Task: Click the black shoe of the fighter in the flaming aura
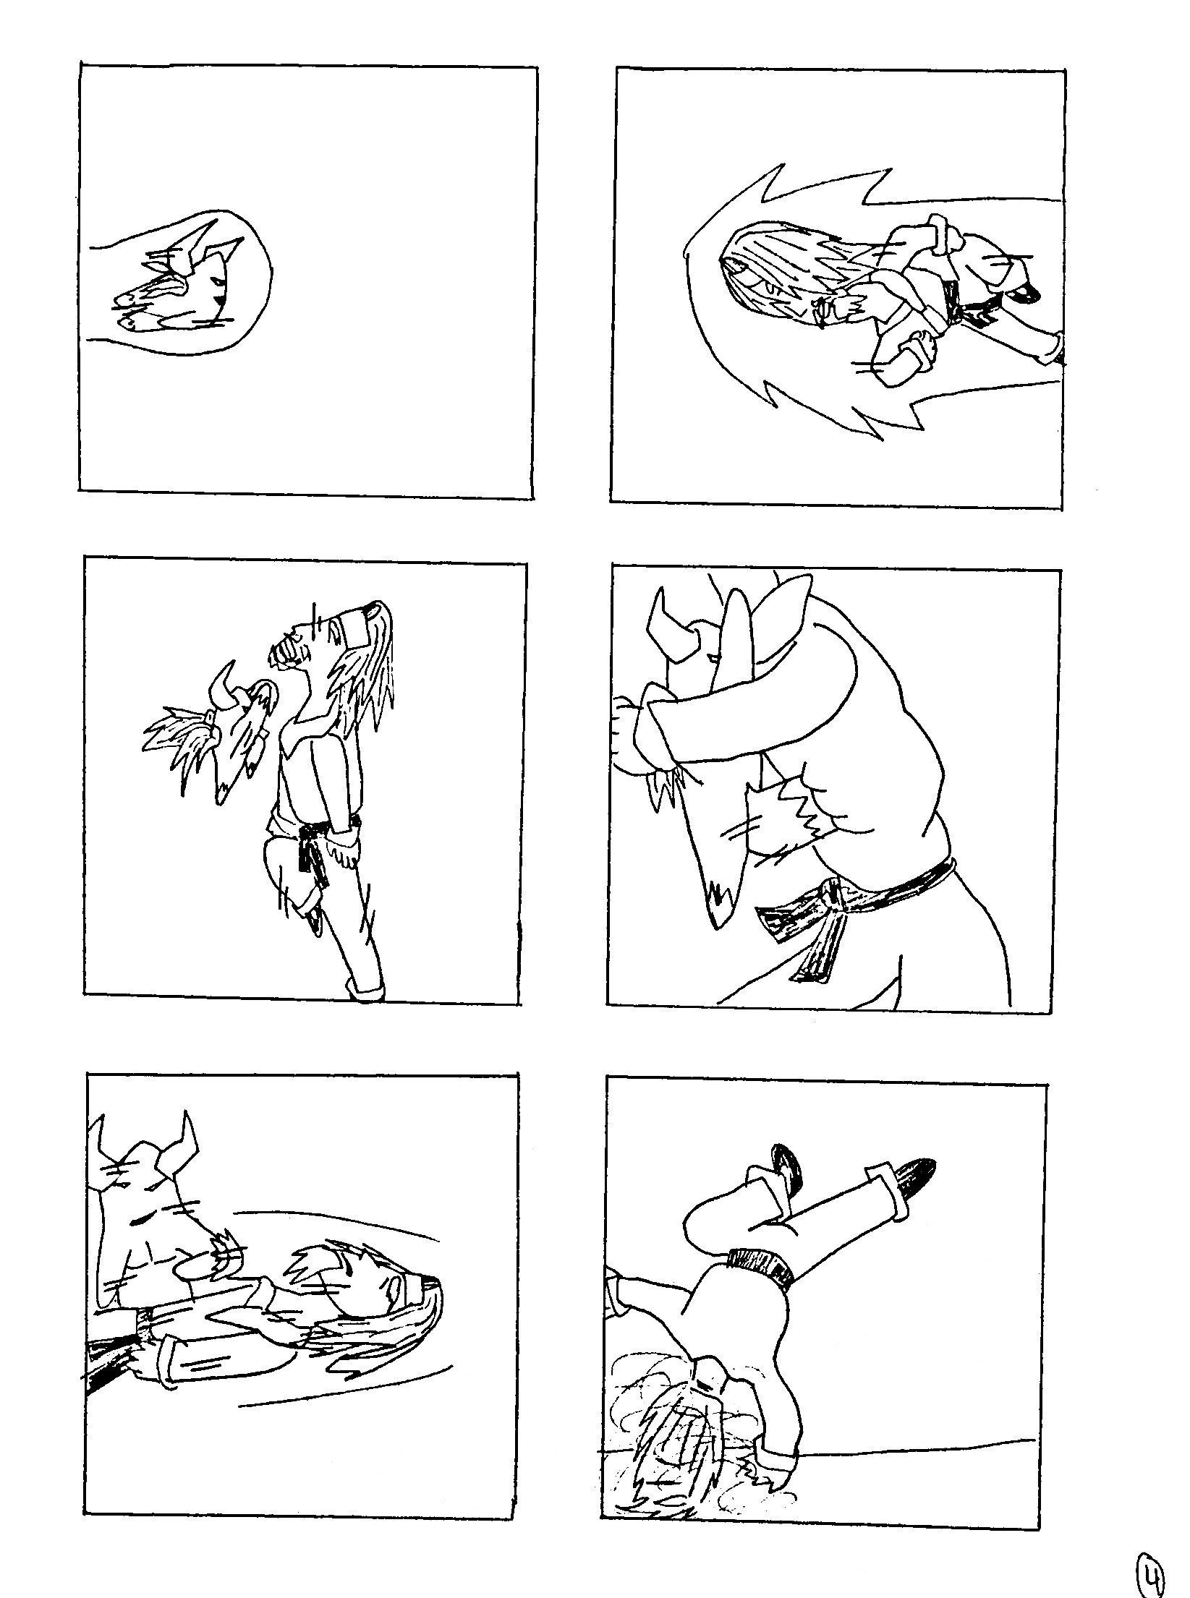click(1025, 294)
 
